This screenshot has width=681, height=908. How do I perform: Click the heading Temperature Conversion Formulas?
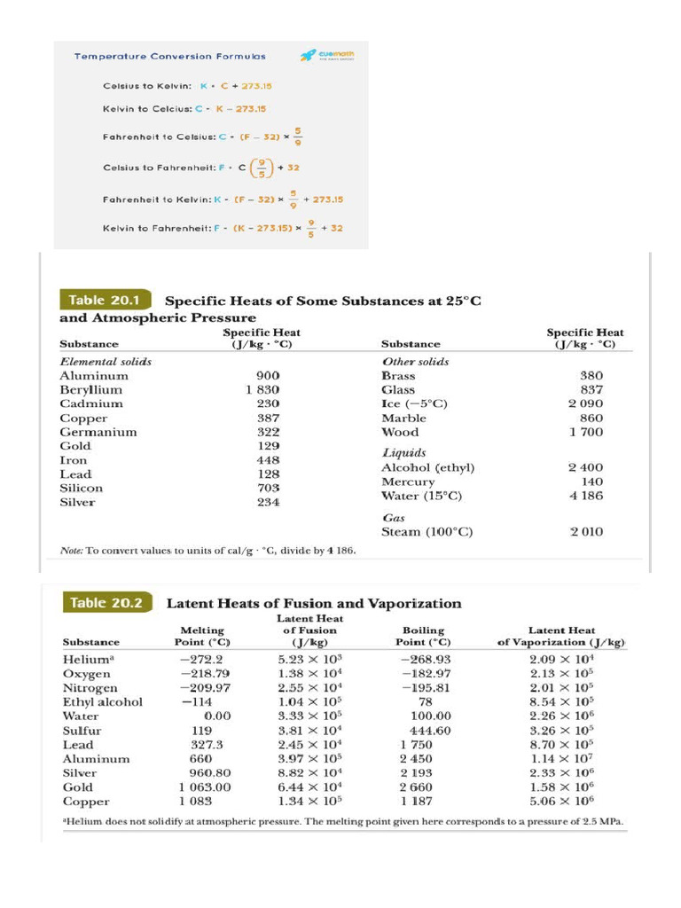169,56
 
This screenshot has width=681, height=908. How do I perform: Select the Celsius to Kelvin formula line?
175,87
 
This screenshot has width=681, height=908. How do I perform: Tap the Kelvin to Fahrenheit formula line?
223,229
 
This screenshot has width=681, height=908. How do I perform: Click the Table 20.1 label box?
105,300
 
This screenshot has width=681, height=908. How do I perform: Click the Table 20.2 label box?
105,603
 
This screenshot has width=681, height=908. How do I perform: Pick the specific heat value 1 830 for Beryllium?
262,389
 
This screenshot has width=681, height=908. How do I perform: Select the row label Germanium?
98,432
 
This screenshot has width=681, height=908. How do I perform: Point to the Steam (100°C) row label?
427,532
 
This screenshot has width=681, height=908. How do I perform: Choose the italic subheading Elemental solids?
105,361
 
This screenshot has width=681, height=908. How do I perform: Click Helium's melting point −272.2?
201,660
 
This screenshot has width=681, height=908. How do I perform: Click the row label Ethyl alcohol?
102,702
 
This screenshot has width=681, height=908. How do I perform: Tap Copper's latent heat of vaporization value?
561,801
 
